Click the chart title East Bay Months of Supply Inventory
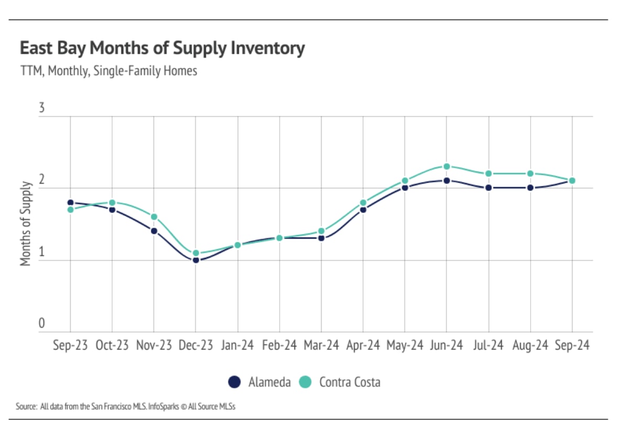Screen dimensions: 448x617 point(162,48)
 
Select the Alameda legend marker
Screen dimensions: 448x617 point(234,382)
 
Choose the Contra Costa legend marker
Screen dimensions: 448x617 point(305,382)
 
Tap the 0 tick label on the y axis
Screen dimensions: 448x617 point(42,324)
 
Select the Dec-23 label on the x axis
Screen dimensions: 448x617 point(195,346)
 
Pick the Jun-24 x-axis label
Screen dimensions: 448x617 point(446,346)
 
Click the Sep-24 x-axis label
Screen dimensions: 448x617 point(572,346)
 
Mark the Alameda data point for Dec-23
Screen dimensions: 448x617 point(196,260)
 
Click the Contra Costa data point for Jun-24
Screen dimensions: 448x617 point(447,166)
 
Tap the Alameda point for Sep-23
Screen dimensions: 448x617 point(70,203)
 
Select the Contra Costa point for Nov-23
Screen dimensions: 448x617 point(154,217)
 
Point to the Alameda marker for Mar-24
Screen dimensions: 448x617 point(322,238)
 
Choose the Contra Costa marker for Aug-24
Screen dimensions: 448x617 point(531,174)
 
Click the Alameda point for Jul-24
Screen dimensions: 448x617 point(489,187)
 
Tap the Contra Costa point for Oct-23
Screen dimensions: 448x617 point(112,203)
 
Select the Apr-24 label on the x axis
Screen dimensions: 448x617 point(362,346)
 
